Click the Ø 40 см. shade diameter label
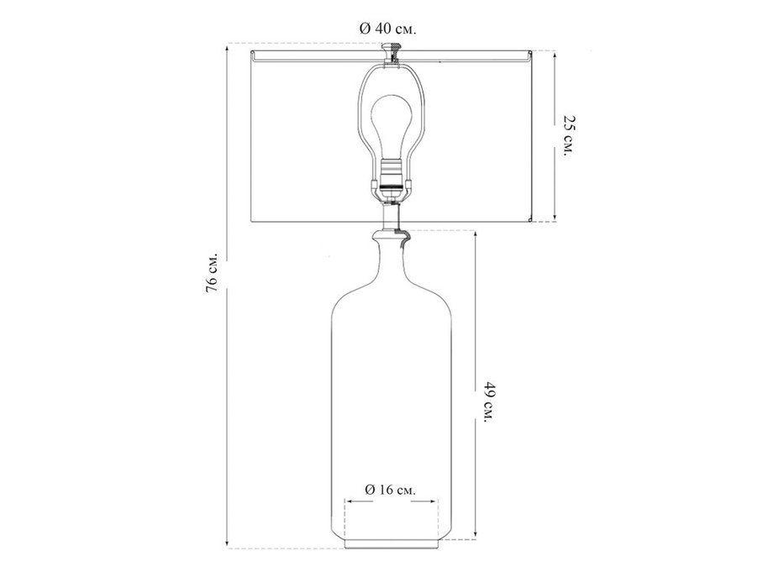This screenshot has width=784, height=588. coord(388,29)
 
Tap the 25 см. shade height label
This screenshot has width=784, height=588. coord(570,136)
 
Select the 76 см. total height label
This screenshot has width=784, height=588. coord(212,272)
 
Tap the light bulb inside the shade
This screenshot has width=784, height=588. coord(391,127)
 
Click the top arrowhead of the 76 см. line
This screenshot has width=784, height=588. coord(228,48)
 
